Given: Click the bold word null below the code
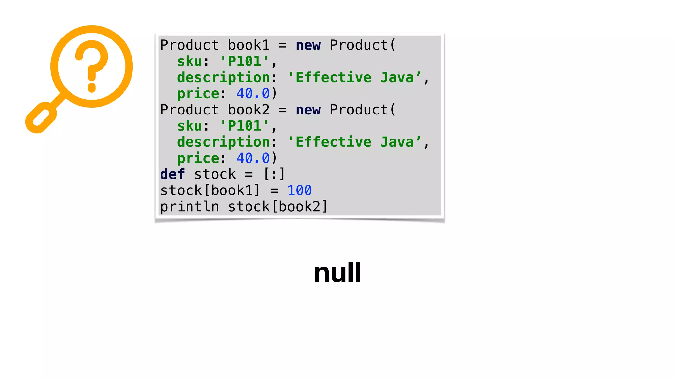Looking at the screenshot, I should pos(337,273).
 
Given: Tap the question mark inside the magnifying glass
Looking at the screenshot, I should pos(92,66).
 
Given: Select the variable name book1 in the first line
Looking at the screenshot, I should pos(249,45).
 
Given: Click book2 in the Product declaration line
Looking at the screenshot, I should pos(249,110).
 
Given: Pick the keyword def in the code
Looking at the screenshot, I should pos(172,174).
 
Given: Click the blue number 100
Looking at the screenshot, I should pos(299,190).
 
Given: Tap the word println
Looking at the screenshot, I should pos(190,207).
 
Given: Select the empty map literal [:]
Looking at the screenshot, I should pos(274,174).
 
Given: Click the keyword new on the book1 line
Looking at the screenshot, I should pos(308,45).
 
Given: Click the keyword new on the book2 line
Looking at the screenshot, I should pos(308,110).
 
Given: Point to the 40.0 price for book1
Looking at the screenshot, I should pos(253,94).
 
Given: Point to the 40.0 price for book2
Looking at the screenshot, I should pos(253,158).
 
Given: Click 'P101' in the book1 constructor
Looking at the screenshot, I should pos(244,62).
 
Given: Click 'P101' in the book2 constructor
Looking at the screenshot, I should pos(244,126).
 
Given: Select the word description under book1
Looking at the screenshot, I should pos(223,78).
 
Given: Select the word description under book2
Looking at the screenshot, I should pos(223,142).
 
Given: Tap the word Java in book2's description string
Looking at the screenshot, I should pos(397,142).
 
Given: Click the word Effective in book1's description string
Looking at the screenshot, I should pos(333,78).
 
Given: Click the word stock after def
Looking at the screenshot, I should pos(215,174).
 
